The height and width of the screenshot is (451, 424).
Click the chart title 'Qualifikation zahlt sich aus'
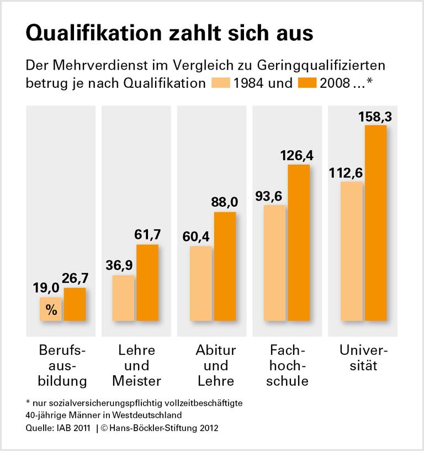pyautogui.click(x=169, y=33)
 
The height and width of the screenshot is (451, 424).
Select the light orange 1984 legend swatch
pyautogui.click(x=221, y=84)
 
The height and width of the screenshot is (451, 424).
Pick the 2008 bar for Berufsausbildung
pyautogui.click(x=75, y=304)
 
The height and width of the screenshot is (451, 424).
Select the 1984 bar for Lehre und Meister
pyautogui.click(x=123, y=298)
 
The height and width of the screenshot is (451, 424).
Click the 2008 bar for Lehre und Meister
pyautogui.click(x=147, y=282)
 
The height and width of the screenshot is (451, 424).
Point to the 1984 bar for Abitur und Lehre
pyautogui.click(x=200, y=284)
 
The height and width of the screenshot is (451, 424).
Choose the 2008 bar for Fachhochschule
pyautogui.click(x=299, y=243)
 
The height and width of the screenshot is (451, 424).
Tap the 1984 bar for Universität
pyautogui.click(x=352, y=251)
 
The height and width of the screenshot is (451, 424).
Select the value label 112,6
pyautogui.click(x=345, y=173)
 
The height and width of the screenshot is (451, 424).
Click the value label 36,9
pyautogui.click(x=119, y=266)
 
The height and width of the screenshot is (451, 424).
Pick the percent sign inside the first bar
pyautogui.click(x=51, y=310)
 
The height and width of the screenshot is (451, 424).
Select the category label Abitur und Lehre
pyautogui.click(x=215, y=365)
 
